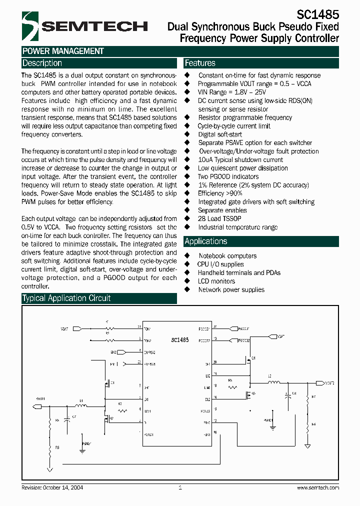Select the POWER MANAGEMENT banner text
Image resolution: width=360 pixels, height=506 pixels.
[x=63, y=51]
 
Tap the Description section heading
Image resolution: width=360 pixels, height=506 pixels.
[x=42, y=63]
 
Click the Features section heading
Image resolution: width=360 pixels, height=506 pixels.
[x=200, y=63]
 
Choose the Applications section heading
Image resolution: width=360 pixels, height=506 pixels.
[x=205, y=241]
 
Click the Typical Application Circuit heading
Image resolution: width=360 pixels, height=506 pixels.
[x=66, y=298]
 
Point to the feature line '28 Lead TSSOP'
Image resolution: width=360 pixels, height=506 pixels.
[x=219, y=218]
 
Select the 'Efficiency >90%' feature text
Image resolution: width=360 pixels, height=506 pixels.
[x=220, y=193]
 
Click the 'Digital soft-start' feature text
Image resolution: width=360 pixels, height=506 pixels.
[x=220, y=134]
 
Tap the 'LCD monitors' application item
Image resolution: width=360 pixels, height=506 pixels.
[x=216, y=281]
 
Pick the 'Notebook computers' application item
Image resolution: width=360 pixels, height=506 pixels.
[x=227, y=256]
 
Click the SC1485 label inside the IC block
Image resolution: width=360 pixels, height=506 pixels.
[x=179, y=339]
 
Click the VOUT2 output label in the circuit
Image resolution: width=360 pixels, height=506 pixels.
[x=329, y=383]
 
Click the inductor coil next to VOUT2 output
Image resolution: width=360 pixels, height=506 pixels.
[x=273, y=383]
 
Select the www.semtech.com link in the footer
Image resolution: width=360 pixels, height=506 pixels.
[x=318, y=487]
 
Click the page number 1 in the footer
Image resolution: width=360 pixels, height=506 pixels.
[x=180, y=487]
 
